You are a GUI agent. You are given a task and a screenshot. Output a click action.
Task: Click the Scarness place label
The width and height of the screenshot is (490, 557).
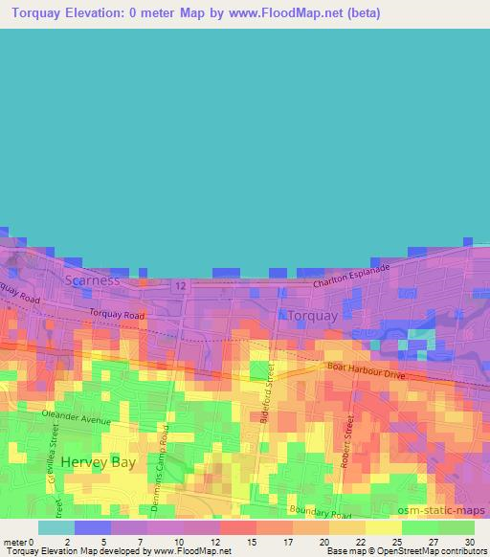(93, 280)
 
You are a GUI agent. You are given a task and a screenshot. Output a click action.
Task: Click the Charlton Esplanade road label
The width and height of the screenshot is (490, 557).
(354, 275)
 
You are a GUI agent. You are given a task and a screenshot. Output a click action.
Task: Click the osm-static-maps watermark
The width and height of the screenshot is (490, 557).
(435, 506)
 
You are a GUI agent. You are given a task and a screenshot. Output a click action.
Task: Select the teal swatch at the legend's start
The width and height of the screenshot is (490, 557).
(56, 527)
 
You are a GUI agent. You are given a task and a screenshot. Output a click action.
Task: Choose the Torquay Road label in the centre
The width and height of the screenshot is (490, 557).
(118, 314)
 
